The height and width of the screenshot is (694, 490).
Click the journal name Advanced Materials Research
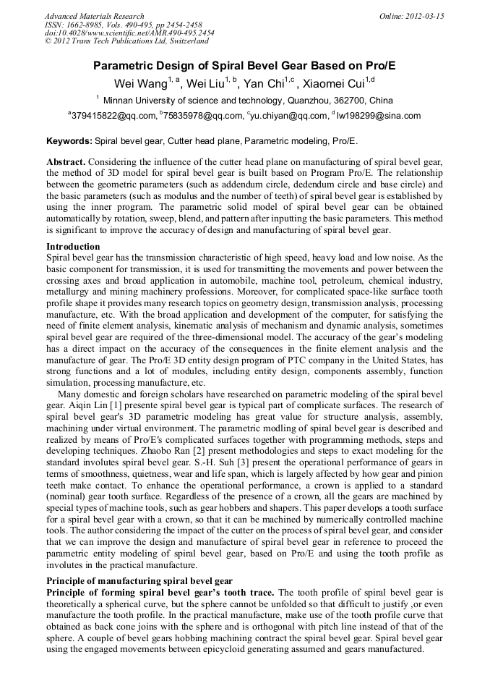(x=94, y=16)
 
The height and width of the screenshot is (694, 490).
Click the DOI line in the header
(x=129, y=33)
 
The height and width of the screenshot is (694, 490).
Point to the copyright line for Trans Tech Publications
(x=126, y=42)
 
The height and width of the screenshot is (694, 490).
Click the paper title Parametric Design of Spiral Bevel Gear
(x=244, y=65)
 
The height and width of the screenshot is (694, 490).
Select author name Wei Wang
(x=139, y=83)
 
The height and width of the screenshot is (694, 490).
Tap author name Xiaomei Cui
(x=333, y=83)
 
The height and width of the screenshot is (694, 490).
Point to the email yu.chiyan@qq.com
(x=291, y=115)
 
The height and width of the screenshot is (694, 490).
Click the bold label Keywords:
(x=69, y=141)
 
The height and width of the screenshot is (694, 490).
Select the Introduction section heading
(x=74, y=246)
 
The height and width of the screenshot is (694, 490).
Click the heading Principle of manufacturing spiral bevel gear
(x=139, y=580)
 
